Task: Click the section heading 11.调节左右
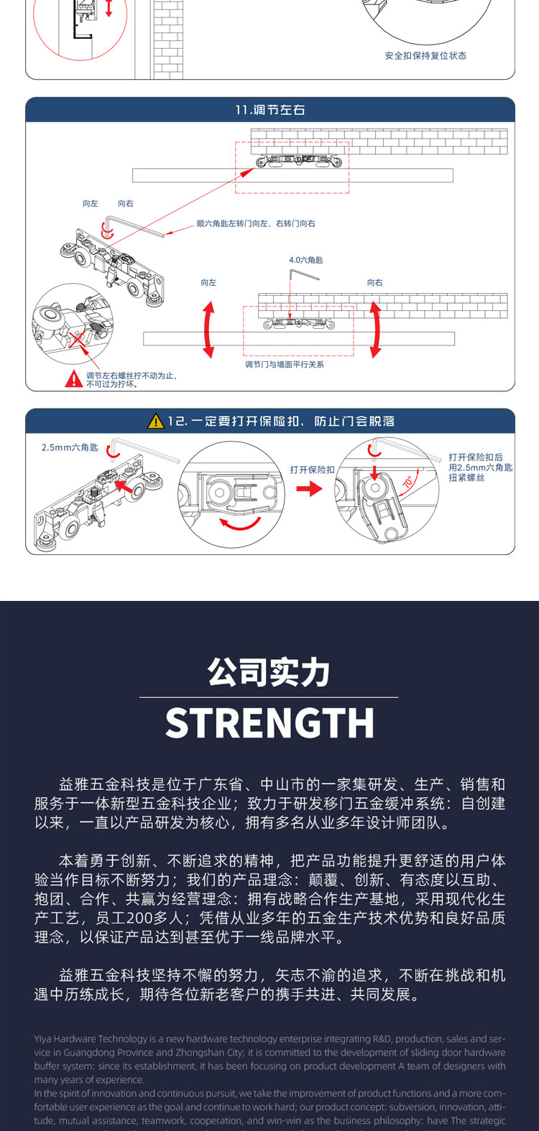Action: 270,110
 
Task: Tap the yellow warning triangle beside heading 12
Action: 156,422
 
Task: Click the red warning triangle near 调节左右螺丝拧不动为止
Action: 74,378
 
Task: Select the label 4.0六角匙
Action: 306,260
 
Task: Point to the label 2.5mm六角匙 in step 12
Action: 70,447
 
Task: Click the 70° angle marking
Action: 408,483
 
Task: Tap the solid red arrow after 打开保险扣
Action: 310,489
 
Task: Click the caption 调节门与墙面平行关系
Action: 285,365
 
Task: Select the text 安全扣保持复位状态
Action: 425,56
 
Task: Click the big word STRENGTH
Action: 269,723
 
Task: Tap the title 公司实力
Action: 269,673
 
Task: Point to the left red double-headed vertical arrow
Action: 208,330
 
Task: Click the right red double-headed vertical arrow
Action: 375,330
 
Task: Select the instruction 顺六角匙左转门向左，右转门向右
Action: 256,223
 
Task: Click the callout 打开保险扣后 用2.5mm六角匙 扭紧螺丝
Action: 481,467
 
